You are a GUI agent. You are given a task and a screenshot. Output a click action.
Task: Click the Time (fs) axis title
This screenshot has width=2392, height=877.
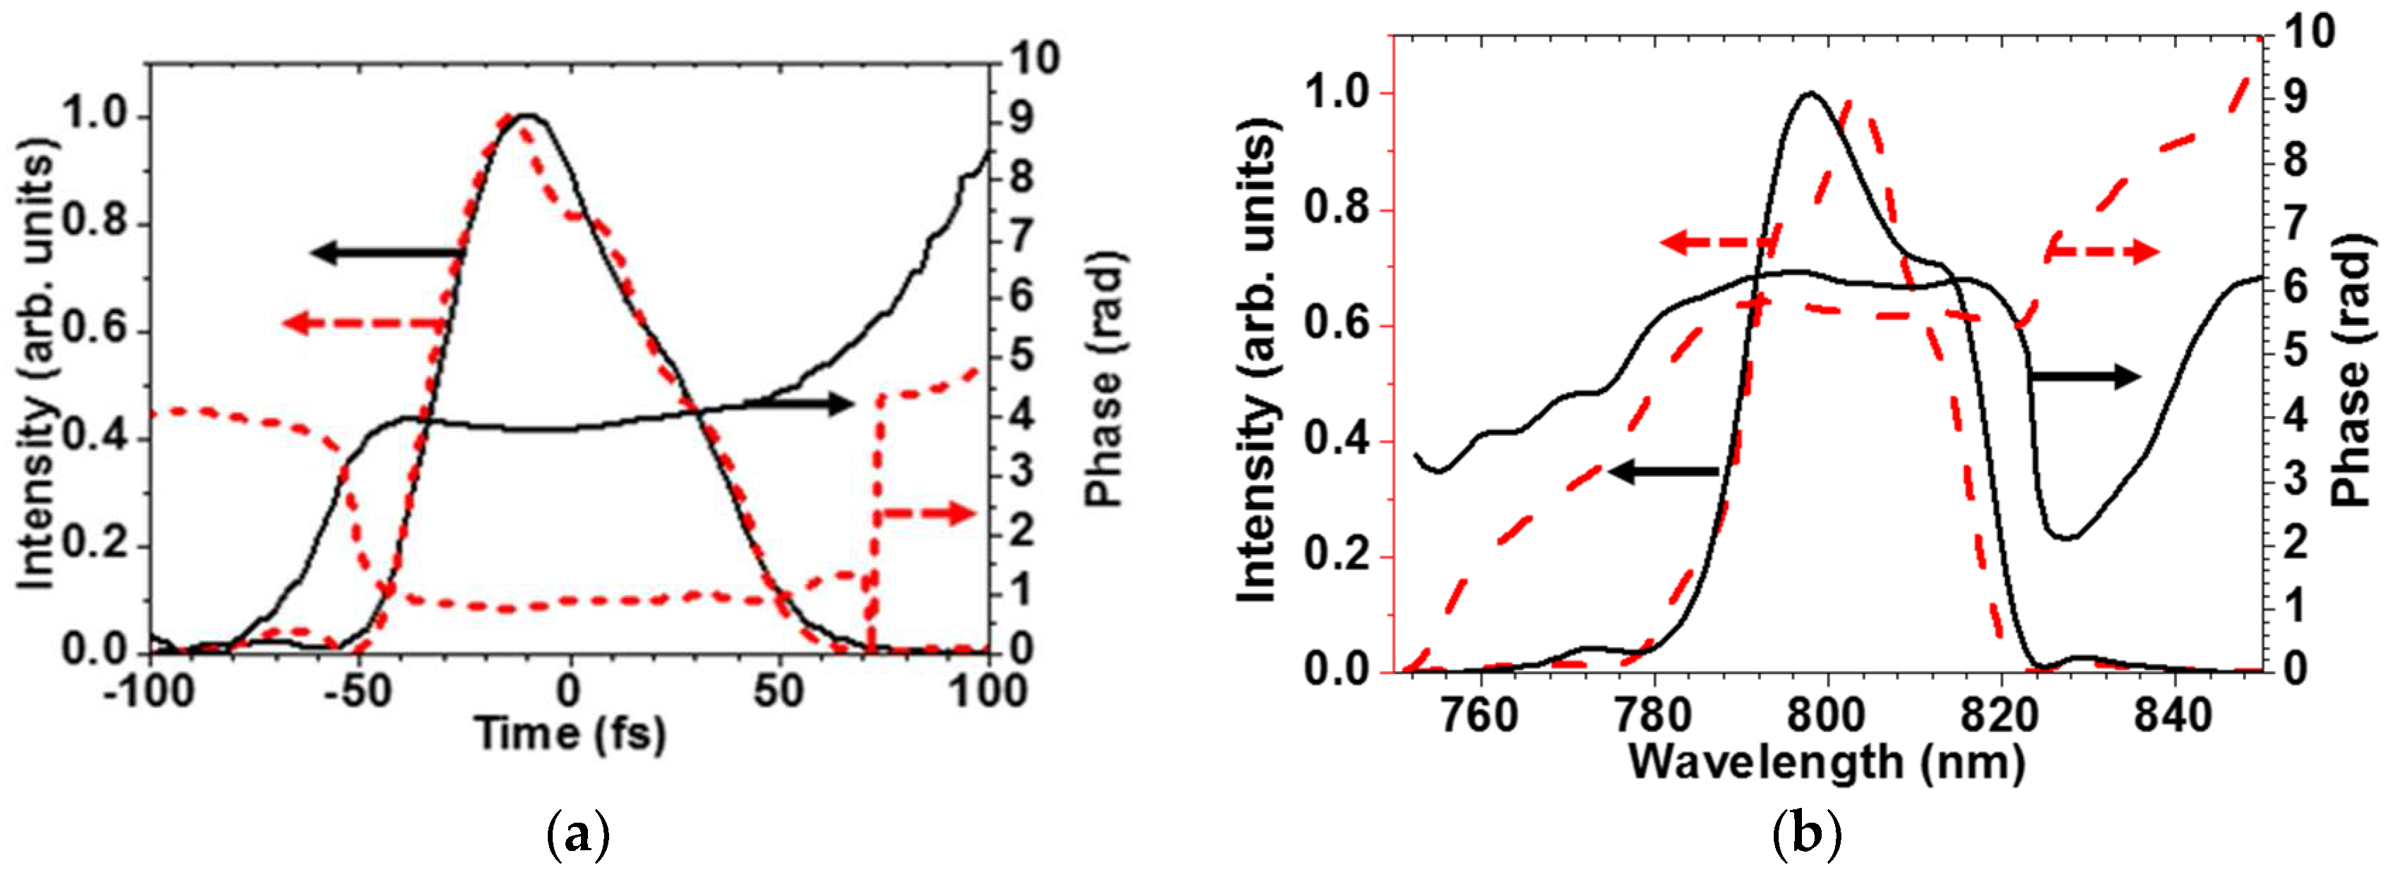[x=570, y=734]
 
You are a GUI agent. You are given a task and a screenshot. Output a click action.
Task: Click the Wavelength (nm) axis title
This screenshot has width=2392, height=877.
[x=1827, y=763]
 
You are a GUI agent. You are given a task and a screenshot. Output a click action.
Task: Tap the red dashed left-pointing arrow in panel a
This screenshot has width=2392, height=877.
[x=364, y=324]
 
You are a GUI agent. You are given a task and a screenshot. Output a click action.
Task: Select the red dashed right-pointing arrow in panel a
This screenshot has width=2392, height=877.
[x=925, y=514]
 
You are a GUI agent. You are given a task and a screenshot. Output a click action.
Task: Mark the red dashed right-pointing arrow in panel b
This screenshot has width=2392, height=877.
[x=2102, y=252]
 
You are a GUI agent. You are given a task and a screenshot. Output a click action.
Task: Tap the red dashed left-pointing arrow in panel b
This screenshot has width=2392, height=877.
[x=1718, y=243]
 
